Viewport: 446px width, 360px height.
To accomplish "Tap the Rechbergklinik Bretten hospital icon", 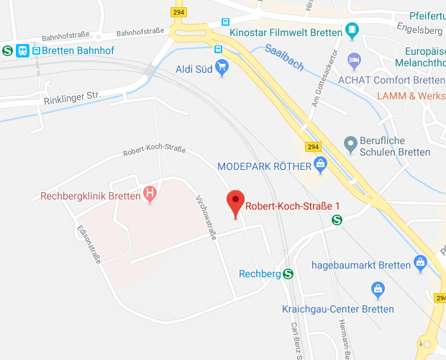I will pos(150,194).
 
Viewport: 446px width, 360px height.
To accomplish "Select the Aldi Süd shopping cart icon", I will pos(222,68).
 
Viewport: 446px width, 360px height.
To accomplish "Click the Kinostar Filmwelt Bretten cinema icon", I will pos(352,31).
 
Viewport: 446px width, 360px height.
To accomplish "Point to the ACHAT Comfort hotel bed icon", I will pos(353,59).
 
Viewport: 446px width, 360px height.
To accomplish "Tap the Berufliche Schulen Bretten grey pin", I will pos(351,144).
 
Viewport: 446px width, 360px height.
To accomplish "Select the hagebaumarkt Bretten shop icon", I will pos(420,264).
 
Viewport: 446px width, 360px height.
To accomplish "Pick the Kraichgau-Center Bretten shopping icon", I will pos(377,290).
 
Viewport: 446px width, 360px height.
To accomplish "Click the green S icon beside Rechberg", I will pos(288,274).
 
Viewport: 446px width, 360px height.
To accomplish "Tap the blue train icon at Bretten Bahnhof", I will pos(23,50).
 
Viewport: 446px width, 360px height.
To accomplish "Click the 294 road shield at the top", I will pos(178,12).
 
